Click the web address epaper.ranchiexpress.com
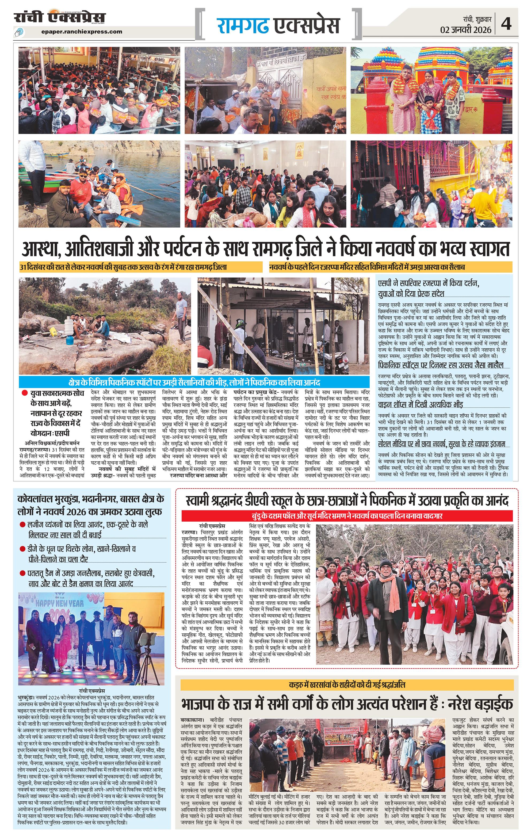[81, 32]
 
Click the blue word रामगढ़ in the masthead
[243, 25]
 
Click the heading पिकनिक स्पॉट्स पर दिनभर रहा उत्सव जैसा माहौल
[441, 365]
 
